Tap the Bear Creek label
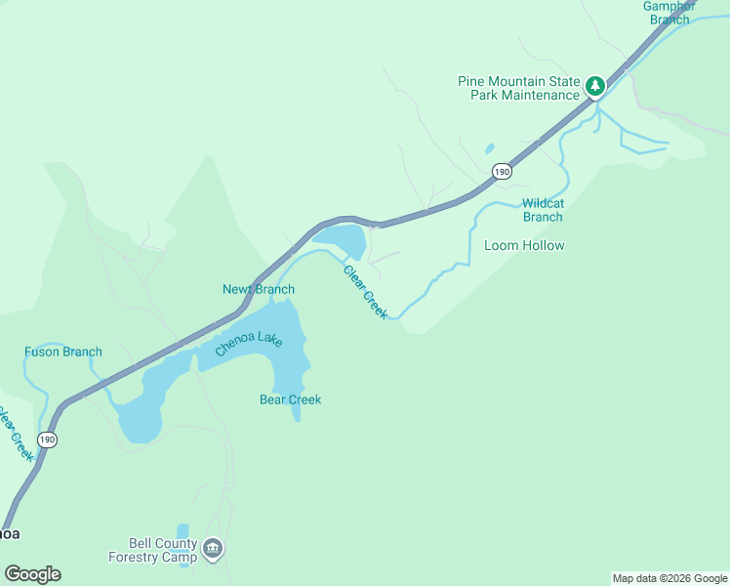coord(290,399)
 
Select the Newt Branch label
coord(259,289)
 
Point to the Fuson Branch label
coord(63,352)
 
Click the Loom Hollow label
coord(524,245)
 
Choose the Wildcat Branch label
coord(543,210)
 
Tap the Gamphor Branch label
coord(669,12)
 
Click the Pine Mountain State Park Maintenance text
coord(518,88)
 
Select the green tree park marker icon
coord(594,87)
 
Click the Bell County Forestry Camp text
coord(163,550)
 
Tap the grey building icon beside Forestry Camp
coord(213,550)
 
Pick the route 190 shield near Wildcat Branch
coord(501,172)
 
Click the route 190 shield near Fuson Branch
coord(48,439)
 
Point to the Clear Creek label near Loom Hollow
coord(366,291)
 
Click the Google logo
coord(32,574)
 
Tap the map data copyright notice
coord(669,578)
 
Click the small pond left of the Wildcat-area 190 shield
coord(488,150)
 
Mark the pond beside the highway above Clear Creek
coord(341,238)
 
